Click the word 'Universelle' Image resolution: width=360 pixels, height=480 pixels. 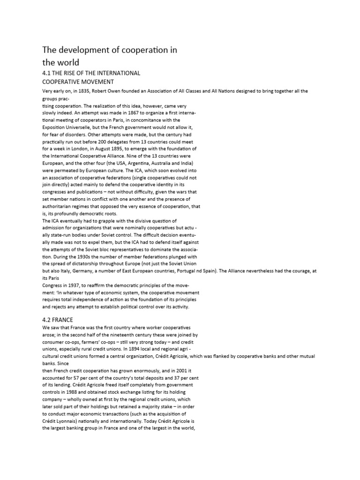click(86, 127)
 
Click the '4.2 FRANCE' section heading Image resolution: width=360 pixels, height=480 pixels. click(59, 320)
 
